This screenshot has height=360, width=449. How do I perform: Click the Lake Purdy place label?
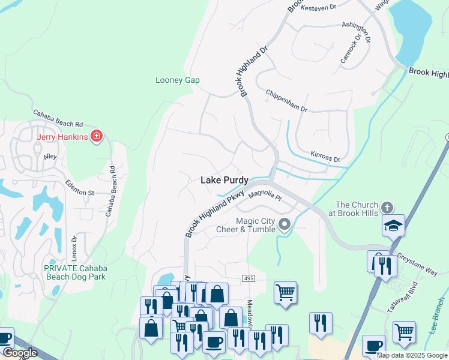(x=224, y=180)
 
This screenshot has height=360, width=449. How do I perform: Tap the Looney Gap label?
(x=177, y=80)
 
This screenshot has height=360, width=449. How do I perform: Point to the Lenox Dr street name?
(x=74, y=247)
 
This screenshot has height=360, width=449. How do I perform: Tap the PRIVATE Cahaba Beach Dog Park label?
(x=74, y=272)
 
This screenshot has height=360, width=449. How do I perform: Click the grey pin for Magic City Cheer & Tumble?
(x=285, y=225)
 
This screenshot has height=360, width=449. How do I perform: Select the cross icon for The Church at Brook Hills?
(x=387, y=208)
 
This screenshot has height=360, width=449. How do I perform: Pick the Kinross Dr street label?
(x=325, y=157)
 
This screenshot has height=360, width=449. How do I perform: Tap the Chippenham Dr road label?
(x=286, y=101)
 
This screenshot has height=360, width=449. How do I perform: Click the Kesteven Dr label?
(x=319, y=8)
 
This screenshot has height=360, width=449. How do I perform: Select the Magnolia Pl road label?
(x=265, y=194)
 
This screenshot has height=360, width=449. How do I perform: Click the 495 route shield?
(x=249, y=278)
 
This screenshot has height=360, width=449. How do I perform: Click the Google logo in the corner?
(x=20, y=353)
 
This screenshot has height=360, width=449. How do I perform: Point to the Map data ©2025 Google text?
(x=412, y=355)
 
